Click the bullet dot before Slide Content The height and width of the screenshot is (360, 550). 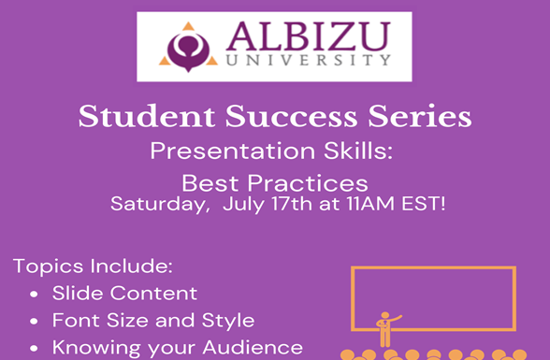pyautogui.click(x=35, y=294)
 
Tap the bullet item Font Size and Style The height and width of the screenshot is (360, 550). pyautogui.click(x=153, y=321)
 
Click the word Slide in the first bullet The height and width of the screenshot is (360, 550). pyautogui.click(x=76, y=293)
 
